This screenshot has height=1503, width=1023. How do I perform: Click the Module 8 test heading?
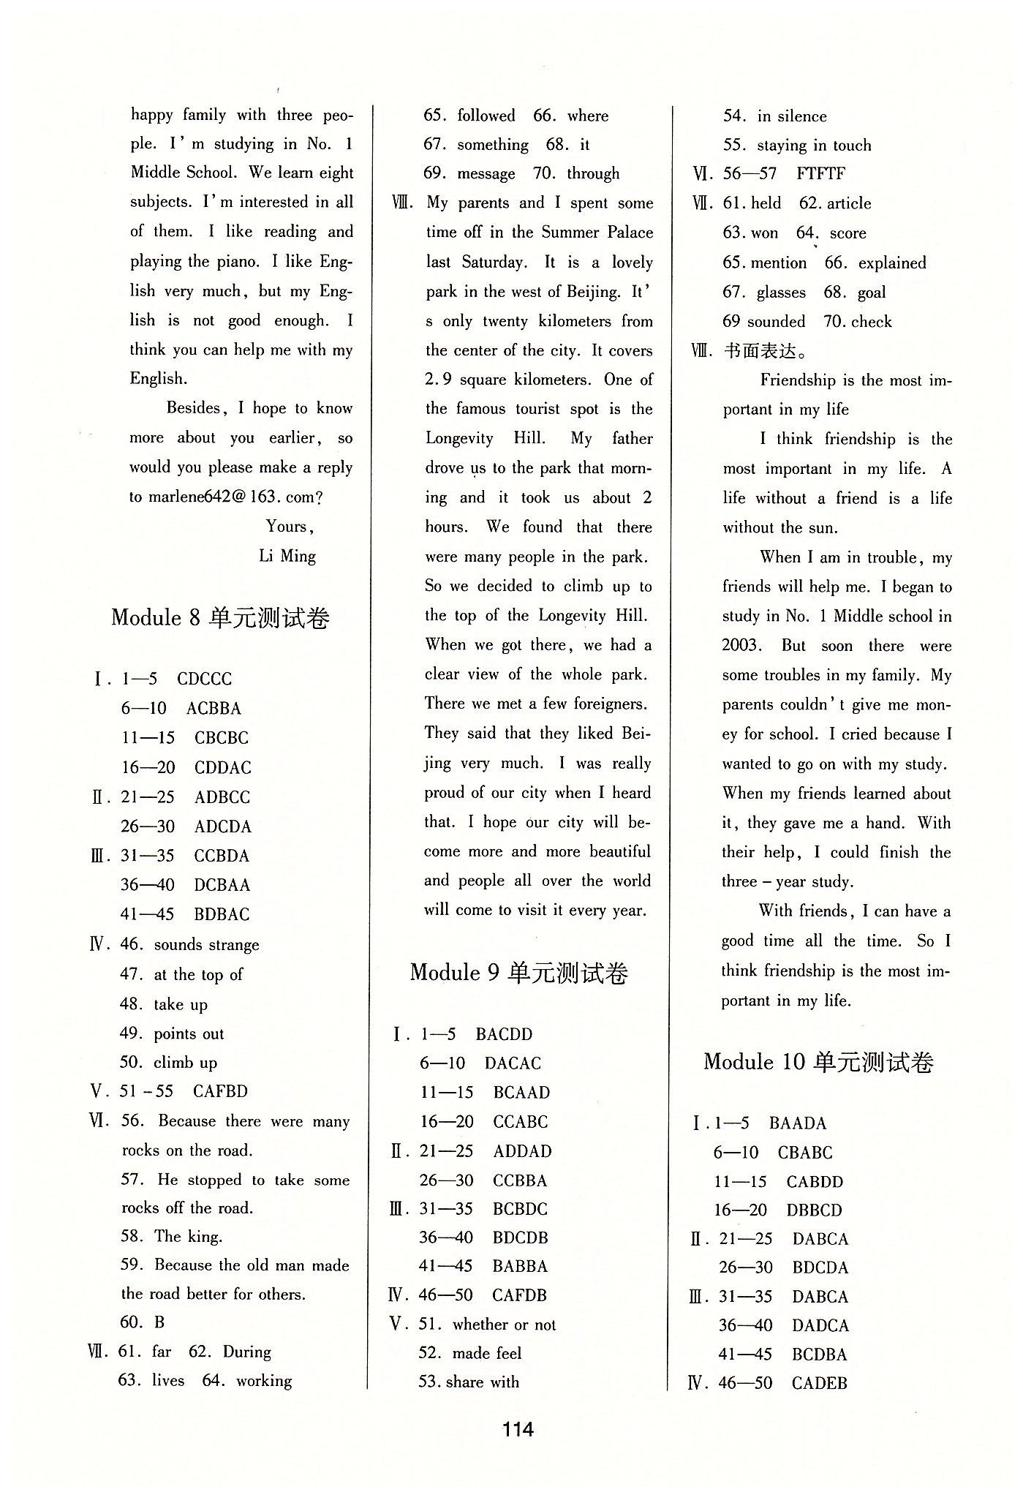coord(220,618)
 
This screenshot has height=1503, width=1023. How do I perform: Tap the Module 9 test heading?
coord(518,973)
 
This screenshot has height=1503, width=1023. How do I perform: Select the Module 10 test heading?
coord(818,1062)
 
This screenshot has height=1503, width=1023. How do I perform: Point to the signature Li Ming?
coord(287,556)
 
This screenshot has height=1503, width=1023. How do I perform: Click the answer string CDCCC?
coord(205,679)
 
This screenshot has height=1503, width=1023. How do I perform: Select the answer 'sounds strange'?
coord(206,945)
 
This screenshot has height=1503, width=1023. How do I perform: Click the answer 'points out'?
coord(189,1033)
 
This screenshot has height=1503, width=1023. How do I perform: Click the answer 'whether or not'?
coord(504,1325)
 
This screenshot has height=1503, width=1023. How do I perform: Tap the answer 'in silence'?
coord(792,116)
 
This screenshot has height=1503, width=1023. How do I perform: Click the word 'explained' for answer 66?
coord(892,263)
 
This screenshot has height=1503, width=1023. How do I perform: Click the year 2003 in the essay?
coord(741,646)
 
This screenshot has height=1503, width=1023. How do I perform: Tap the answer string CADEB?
coord(819,1383)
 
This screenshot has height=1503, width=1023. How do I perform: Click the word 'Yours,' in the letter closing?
coord(290,527)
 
